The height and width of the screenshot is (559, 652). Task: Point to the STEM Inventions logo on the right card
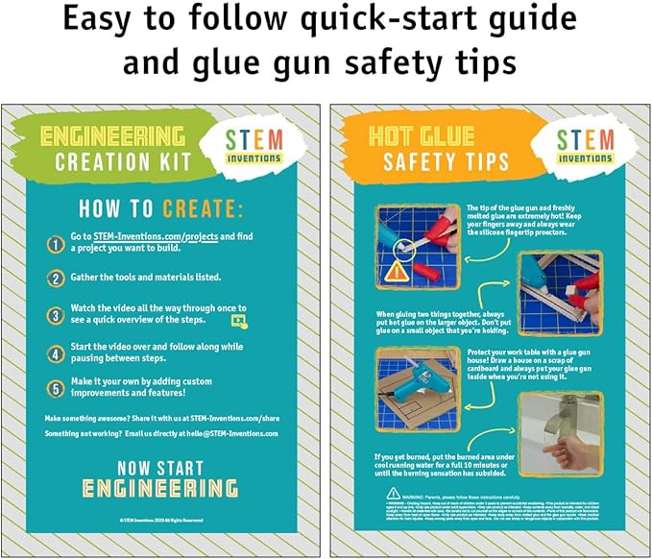click(x=585, y=147)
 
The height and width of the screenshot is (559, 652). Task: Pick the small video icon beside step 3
click(x=239, y=321)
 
